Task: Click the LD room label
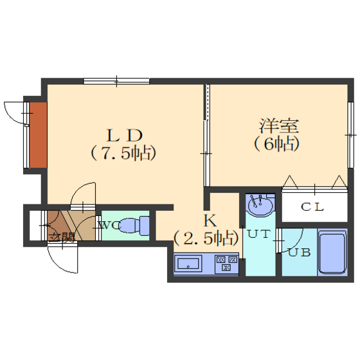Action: [x=124, y=135]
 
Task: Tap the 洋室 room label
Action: [x=279, y=126]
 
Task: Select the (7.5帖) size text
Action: [x=123, y=153]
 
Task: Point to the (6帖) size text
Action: [x=277, y=144]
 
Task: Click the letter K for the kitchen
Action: [x=210, y=221]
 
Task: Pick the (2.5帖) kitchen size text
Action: [x=206, y=238]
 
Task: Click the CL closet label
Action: [x=312, y=207]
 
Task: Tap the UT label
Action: [x=258, y=234]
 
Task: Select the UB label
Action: [x=300, y=252]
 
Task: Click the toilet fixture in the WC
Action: [x=134, y=226]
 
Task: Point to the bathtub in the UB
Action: [x=332, y=252]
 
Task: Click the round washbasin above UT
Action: [x=261, y=205]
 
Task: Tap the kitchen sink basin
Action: [x=188, y=264]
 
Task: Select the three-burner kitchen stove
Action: [x=226, y=264]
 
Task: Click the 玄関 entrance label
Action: [x=62, y=237]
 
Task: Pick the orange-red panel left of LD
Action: [x=39, y=135]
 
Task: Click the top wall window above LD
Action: [x=116, y=81]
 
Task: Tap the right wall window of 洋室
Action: [x=350, y=135]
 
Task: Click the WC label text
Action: [x=109, y=225]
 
